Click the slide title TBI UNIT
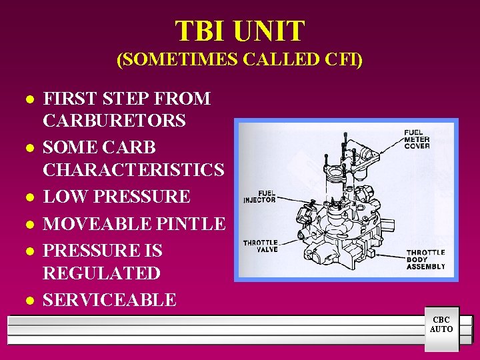240,31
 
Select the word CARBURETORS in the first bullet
114,121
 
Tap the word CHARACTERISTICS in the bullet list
133,170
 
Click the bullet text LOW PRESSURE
117,197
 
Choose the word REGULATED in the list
101,273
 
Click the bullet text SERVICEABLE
109,300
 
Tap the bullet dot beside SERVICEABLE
29,301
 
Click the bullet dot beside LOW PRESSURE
29,198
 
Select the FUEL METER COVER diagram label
417,139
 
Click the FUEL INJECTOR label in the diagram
260,196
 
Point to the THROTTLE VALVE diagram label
261,246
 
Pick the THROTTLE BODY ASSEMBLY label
425,259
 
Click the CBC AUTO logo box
441,325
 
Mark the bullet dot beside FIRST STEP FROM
29,100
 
